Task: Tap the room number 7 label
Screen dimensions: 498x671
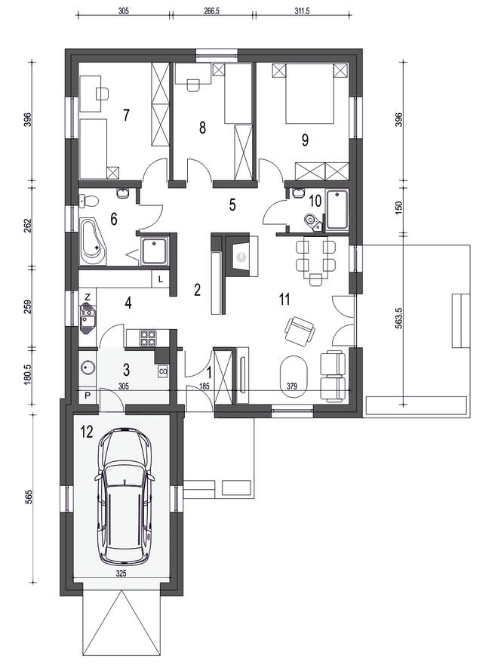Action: (x=126, y=115)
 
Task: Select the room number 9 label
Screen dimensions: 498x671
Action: (x=305, y=140)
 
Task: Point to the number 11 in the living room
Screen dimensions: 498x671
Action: (x=284, y=299)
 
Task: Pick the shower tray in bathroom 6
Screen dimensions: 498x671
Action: (x=154, y=251)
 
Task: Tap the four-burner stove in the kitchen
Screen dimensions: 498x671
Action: (x=148, y=337)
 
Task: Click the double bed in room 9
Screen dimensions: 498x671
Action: (x=309, y=94)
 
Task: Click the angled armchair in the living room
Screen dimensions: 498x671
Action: (x=300, y=331)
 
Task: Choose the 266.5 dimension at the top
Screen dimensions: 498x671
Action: (x=211, y=11)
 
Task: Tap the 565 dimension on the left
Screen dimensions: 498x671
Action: (x=29, y=497)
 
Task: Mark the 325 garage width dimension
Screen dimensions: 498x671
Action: (x=121, y=574)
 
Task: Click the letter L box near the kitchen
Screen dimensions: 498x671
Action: (x=161, y=280)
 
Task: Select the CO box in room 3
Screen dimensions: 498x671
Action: (x=163, y=371)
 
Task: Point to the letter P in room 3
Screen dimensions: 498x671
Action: (x=88, y=396)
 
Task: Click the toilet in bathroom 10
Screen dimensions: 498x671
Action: (x=311, y=221)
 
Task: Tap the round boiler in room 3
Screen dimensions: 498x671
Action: (x=88, y=367)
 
